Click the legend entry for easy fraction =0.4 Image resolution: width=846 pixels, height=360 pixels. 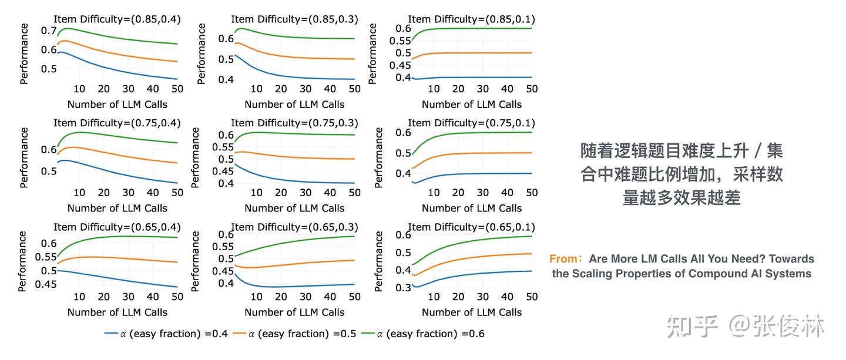[x=166, y=334]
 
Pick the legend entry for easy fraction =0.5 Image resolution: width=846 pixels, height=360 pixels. [x=294, y=334]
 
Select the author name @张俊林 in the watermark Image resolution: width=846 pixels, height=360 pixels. [x=777, y=326]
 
